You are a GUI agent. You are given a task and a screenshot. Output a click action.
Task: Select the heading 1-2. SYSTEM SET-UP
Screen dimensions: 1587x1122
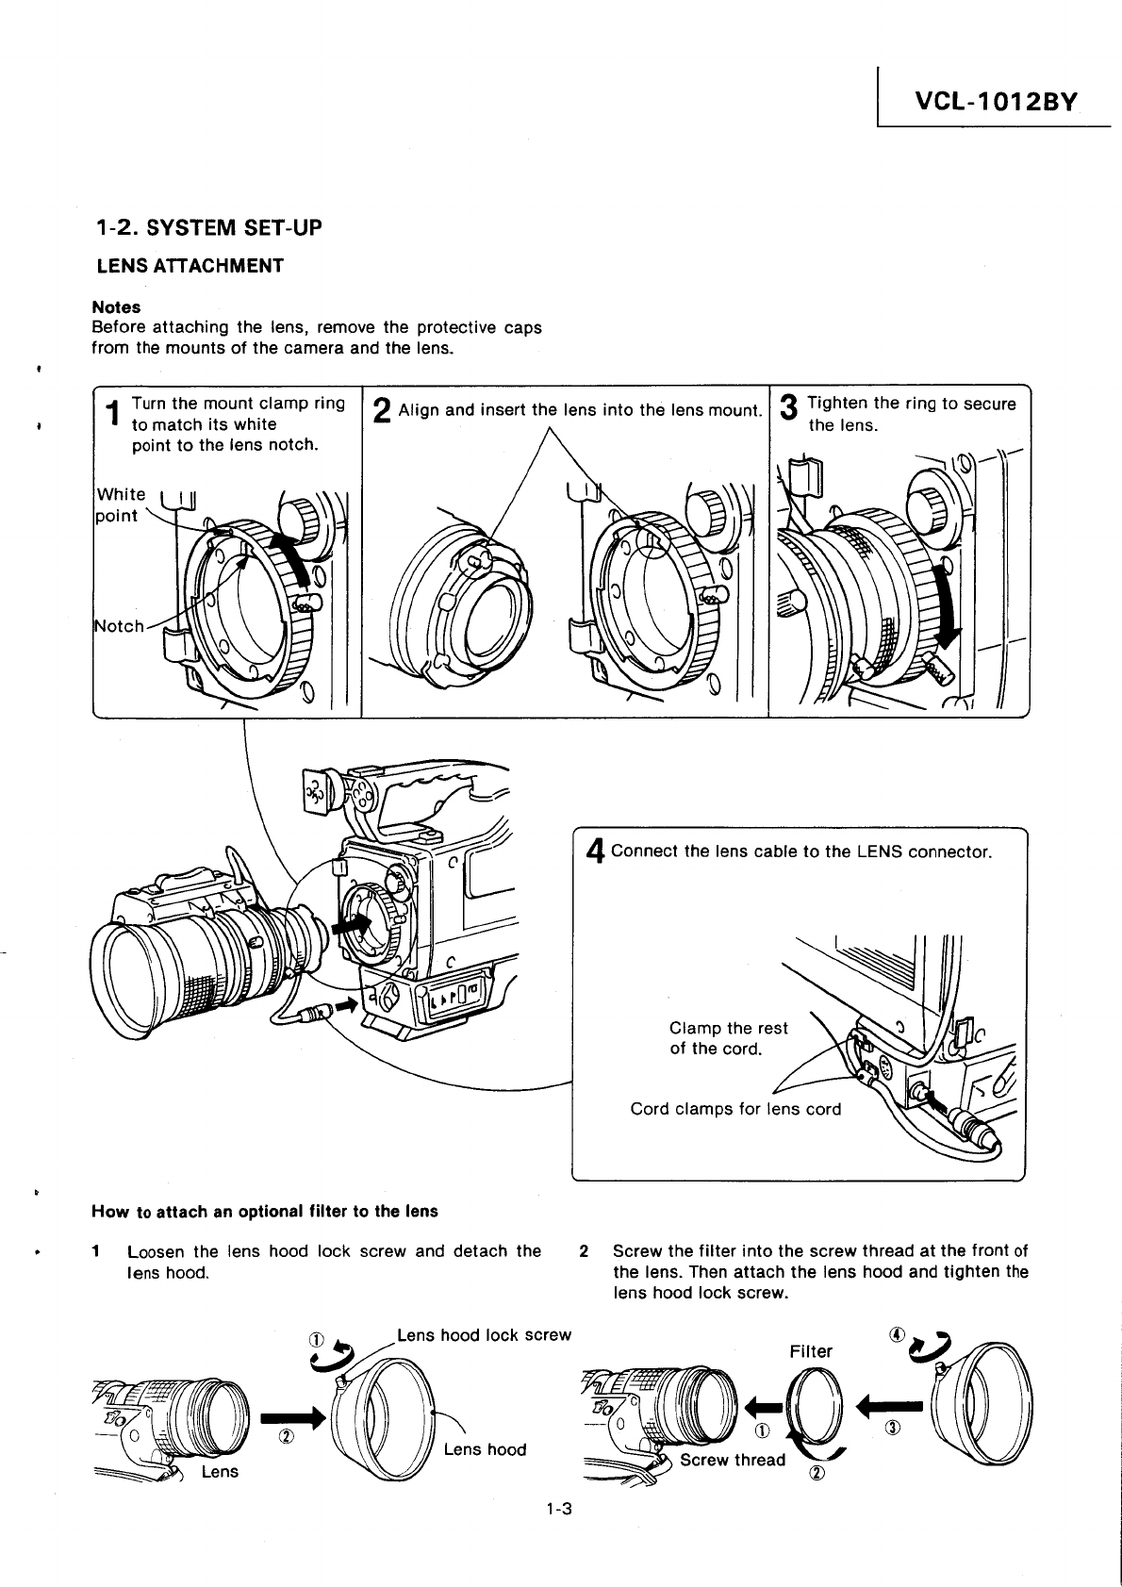coord(208,227)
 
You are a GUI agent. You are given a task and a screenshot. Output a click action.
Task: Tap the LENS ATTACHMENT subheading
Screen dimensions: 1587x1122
coord(190,266)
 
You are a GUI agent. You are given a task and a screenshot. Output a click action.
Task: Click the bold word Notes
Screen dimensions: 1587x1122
coord(116,307)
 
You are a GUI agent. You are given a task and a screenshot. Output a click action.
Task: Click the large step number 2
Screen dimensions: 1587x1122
coord(382,412)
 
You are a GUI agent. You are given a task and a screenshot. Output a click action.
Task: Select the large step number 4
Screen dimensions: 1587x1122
coord(594,852)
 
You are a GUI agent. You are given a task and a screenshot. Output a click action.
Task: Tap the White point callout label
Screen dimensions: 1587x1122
coord(122,504)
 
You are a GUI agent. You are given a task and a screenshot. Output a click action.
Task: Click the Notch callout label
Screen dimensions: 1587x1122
coord(120,626)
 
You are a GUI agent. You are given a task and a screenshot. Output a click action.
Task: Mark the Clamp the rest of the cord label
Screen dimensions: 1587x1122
coord(728,1038)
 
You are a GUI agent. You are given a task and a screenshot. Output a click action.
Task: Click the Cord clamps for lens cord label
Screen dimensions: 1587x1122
coord(735,1109)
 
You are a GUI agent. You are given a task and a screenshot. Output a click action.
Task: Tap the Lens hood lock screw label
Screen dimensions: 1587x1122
coord(484,1335)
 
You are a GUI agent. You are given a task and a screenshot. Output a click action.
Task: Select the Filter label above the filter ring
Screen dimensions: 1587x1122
coord(811,1351)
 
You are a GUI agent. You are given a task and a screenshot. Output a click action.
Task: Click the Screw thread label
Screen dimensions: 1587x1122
coord(733,1460)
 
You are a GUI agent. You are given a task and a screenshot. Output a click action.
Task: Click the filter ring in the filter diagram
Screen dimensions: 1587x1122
coord(813,1402)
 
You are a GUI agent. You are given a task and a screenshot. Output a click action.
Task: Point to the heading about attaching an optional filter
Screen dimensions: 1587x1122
coord(265,1211)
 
